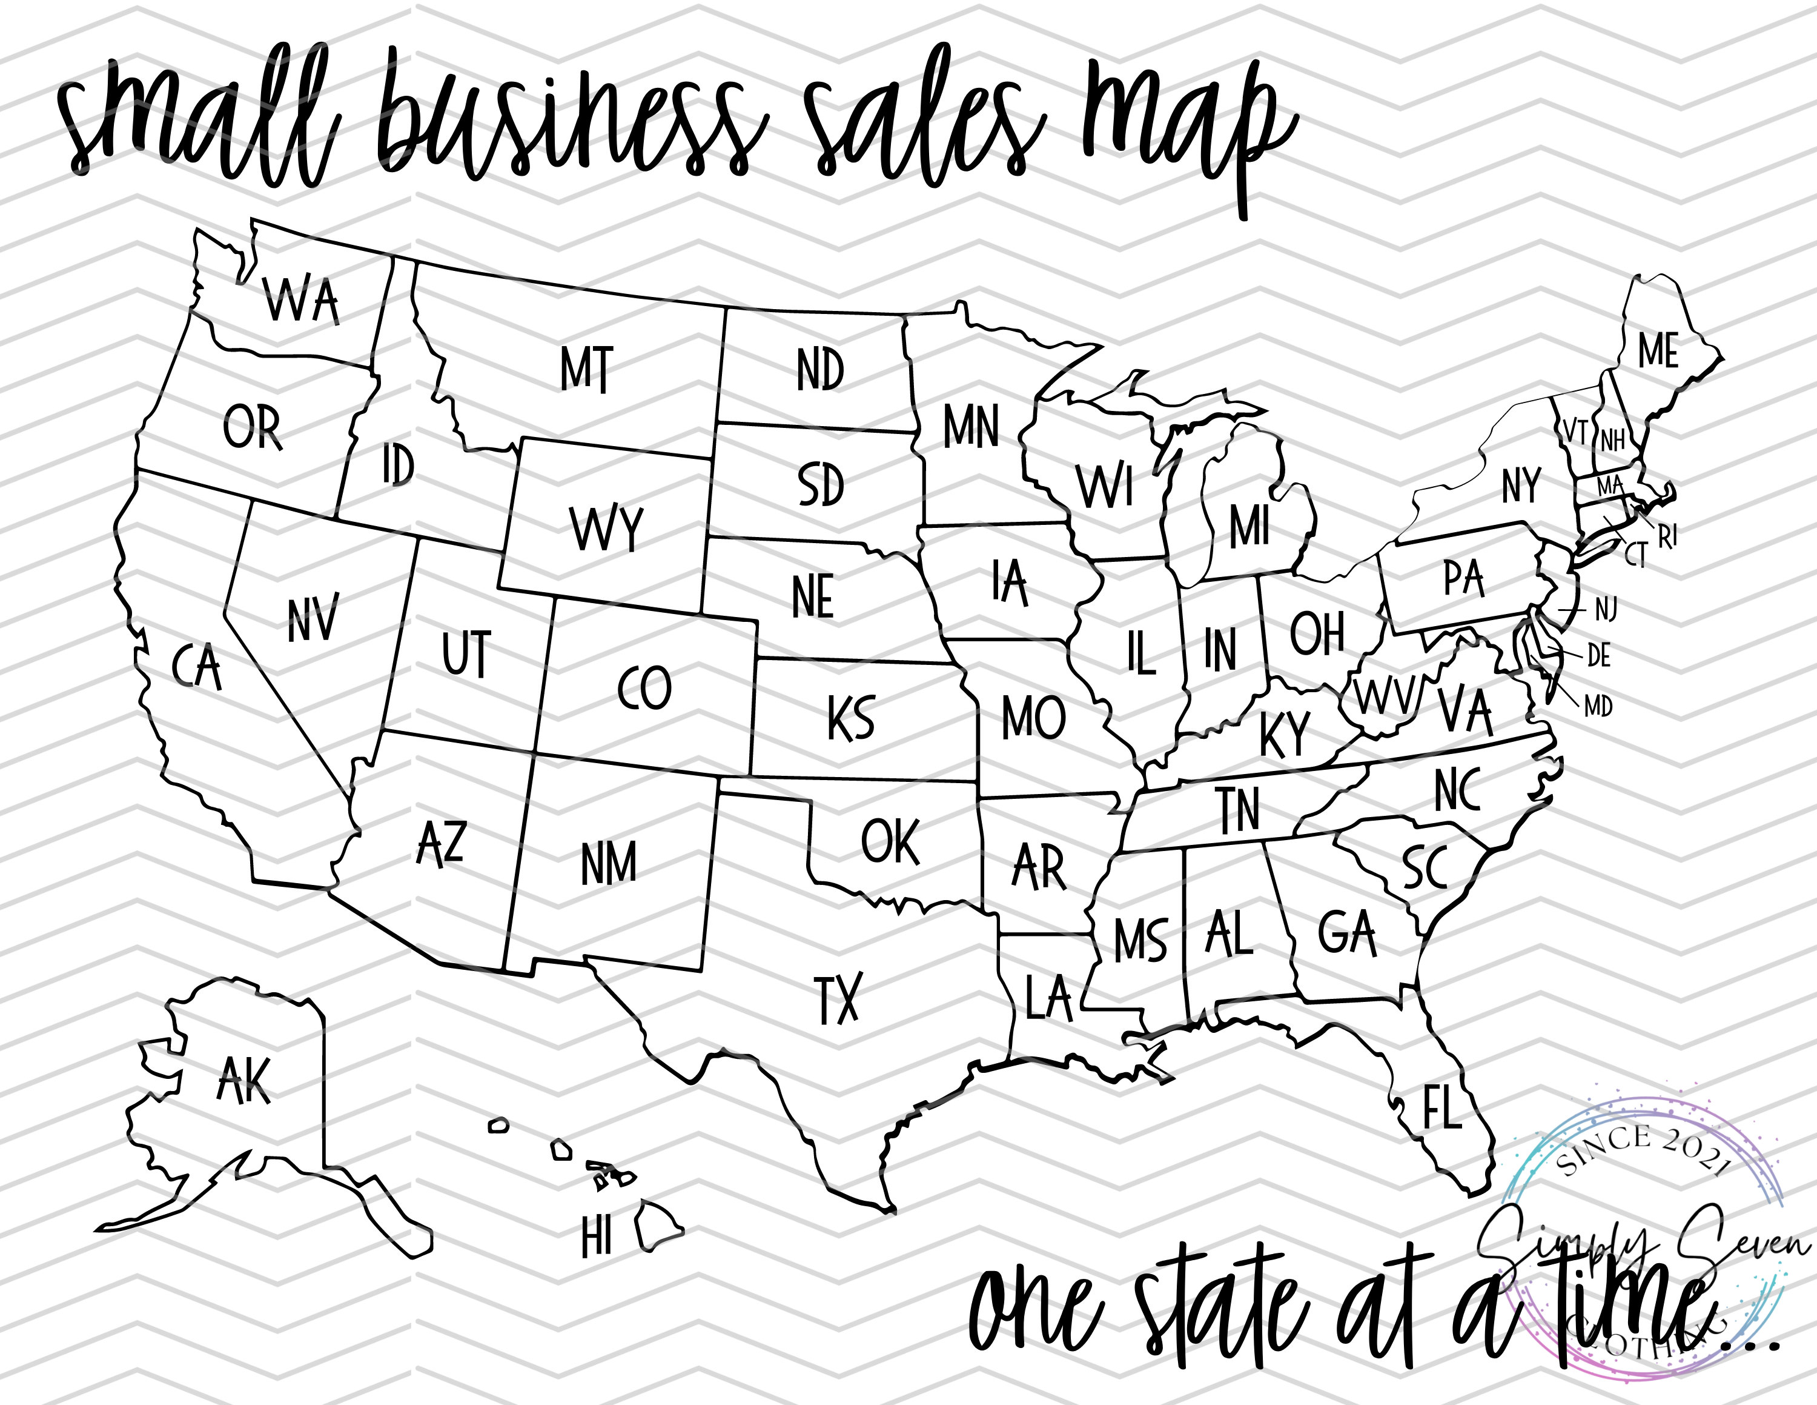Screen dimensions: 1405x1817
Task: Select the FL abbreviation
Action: [x=1441, y=1107]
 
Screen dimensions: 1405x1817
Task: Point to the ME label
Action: [x=1658, y=350]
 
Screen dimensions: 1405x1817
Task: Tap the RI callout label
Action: [x=1667, y=537]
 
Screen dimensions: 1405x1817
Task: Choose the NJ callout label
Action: [x=1606, y=610]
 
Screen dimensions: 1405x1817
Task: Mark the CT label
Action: [x=1636, y=555]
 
